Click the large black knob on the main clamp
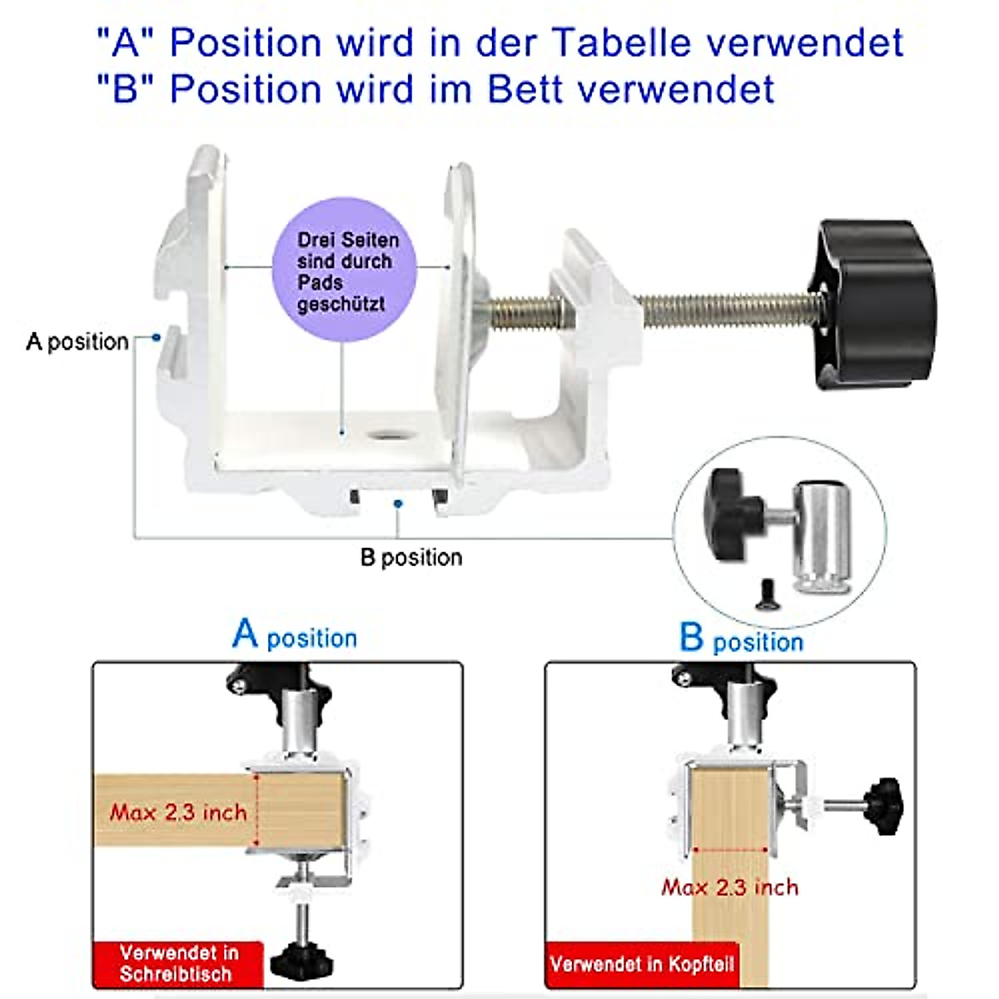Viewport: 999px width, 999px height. click(874, 304)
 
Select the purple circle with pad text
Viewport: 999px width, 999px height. click(345, 270)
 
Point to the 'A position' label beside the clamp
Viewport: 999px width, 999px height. click(77, 341)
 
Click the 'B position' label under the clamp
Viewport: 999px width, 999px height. click(411, 557)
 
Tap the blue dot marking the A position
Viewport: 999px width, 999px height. click(157, 337)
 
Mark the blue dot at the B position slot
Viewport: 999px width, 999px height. click(399, 503)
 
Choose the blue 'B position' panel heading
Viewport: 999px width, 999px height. click(741, 639)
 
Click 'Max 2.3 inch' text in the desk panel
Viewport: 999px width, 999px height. click(178, 812)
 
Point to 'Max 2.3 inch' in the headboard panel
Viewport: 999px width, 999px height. click(729, 887)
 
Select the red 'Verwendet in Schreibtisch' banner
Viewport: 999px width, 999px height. click(176, 963)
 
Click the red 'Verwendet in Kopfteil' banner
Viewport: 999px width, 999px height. click(642, 964)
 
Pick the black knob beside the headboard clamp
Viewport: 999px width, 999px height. click(884, 805)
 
